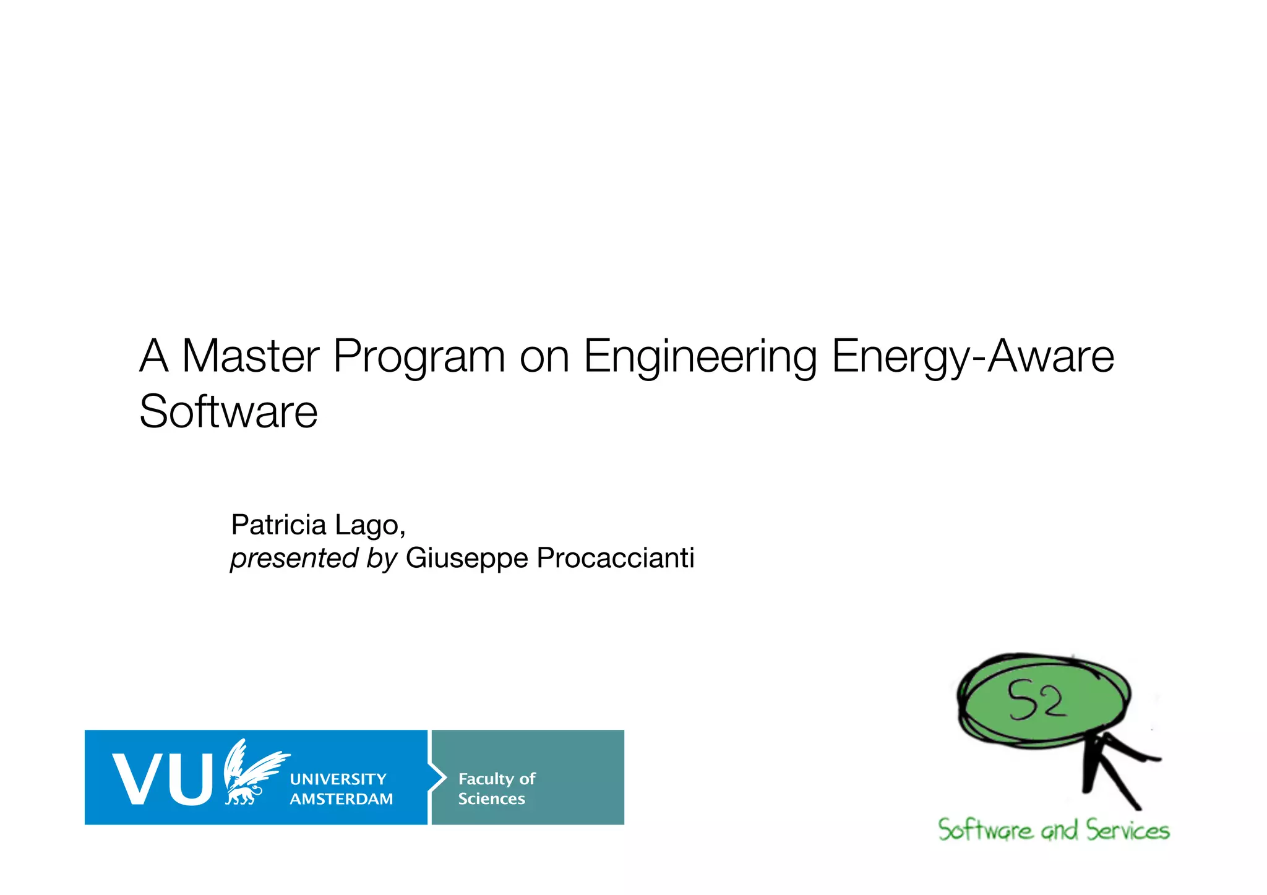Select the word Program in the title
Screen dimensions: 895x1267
click(x=419, y=358)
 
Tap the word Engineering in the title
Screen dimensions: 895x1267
click(x=700, y=358)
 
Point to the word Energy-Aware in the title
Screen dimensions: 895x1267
click(x=973, y=358)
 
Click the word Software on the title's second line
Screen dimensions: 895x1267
click(x=228, y=411)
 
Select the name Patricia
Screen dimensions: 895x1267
click(x=278, y=525)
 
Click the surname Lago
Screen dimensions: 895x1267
click(x=369, y=525)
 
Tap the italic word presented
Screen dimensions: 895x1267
click(x=294, y=558)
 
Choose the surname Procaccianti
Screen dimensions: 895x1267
click(x=616, y=558)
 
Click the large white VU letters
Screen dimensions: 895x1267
click(x=163, y=779)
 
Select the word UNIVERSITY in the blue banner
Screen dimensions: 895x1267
click(x=338, y=779)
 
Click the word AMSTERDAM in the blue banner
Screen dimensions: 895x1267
click(x=341, y=799)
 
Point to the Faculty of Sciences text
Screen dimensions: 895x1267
click(x=496, y=789)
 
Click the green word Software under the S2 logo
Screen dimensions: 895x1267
click(x=985, y=830)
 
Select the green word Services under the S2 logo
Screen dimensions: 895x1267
click(x=1127, y=830)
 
